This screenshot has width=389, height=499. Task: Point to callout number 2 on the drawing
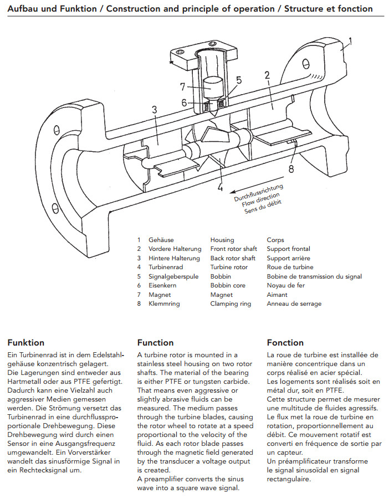tap(267, 75)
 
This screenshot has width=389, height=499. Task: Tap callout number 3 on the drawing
tap(154, 109)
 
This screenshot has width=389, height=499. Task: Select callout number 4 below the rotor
tap(220, 187)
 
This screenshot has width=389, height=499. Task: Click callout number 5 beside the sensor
tap(238, 80)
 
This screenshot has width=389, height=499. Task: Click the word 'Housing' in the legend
tap(222, 240)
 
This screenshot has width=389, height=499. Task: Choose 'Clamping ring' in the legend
tap(228, 303)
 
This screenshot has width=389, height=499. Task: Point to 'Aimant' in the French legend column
tap(277, 295)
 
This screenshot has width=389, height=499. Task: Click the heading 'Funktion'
tap(25, 342)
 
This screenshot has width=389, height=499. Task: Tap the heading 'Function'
tap(155, 342)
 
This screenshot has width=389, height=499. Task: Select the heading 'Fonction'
tap(285, 342)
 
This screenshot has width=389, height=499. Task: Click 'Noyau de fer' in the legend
tap(285, 285)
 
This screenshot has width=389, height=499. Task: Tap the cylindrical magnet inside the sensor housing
tap(213, 86)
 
